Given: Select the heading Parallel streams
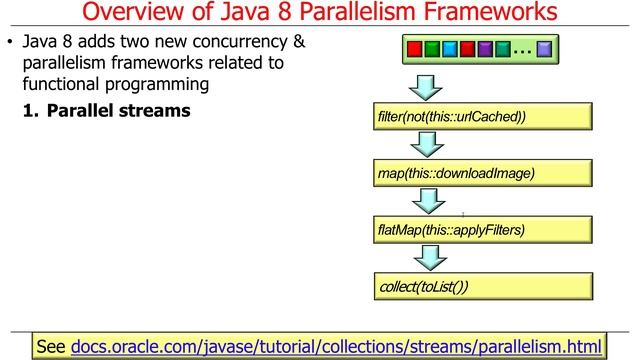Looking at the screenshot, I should point(118,110).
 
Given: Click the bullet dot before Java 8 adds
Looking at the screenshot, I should point(11,44).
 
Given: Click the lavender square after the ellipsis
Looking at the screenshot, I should point(544,48).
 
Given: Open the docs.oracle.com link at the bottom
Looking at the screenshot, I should point(337,346).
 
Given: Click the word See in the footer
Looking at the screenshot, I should point(51,346).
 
